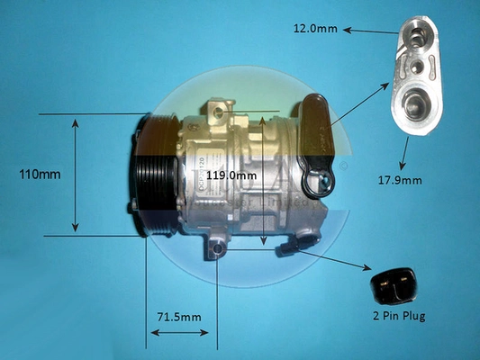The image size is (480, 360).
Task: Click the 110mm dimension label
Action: (x=40, y=175)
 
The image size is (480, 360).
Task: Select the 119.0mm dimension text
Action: (x=231, y=175)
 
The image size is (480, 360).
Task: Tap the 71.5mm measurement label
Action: (x=179, y=317)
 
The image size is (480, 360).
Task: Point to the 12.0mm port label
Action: (x=315, y=29)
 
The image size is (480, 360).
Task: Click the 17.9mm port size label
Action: (x=400, y=181)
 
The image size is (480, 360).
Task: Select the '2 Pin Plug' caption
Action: (x=399, y=316)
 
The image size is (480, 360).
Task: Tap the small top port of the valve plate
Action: (x=415, y=33)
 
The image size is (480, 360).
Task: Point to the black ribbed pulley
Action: (x=153, y=175)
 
